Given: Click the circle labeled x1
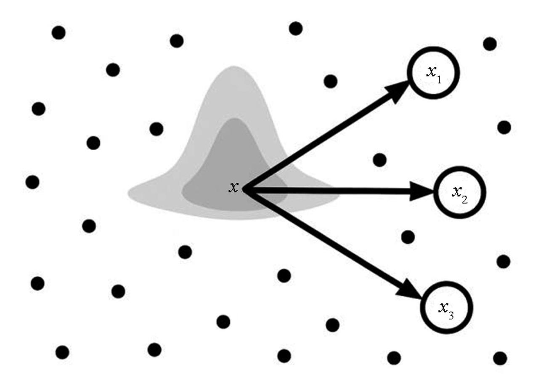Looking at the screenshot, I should click(x=433, y=73).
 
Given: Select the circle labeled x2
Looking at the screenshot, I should click(x=459, y=192).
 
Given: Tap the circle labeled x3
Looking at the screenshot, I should click(x=446, y=307).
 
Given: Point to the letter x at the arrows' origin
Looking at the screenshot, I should click(x=233, y=187).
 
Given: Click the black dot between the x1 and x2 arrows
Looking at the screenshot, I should click(x=379, y=160).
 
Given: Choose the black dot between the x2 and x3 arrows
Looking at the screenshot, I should click(x=408, y=237).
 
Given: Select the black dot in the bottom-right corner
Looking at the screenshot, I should click(x=500, y=358).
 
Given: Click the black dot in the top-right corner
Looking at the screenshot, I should click(x=490, y=44).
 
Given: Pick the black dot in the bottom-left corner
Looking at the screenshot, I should click(x=62, y=352).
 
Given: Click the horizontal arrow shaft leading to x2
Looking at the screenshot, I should click(x=337, y=192).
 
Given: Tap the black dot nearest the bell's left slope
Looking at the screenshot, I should click(x=156, y=129).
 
